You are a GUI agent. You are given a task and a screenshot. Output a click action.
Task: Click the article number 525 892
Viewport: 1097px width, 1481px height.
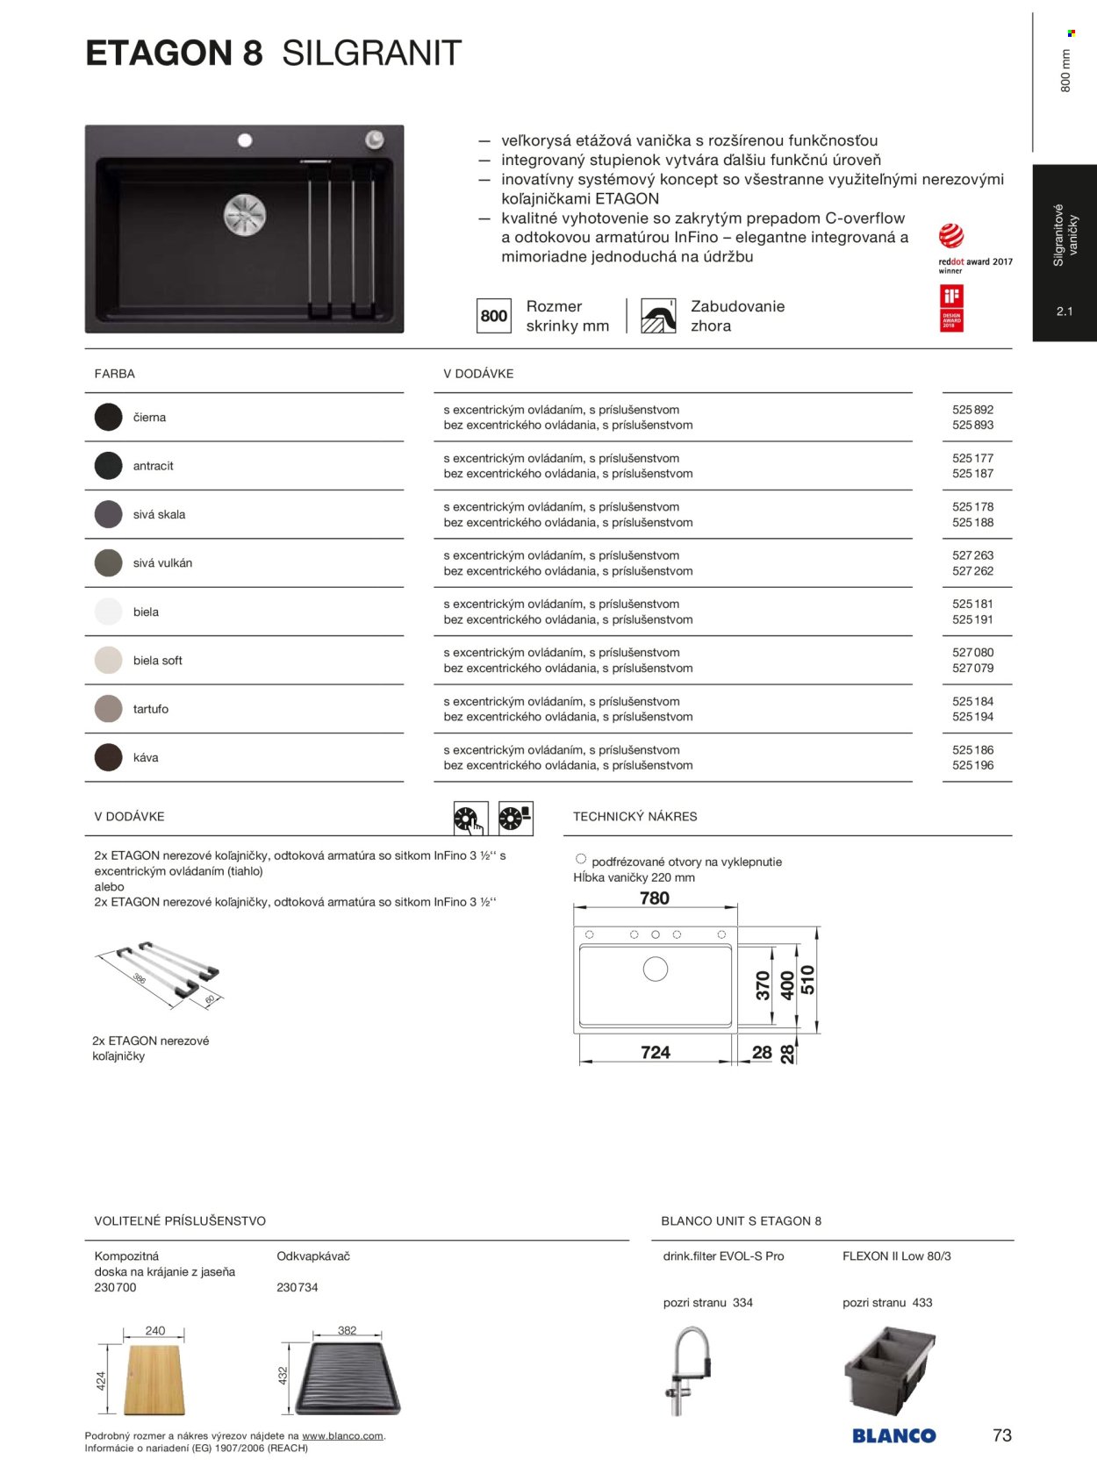pyautogui.click(x=972, y=410)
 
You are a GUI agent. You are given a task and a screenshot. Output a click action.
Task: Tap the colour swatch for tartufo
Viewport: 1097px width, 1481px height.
pyautogui.click(x=109, y=709)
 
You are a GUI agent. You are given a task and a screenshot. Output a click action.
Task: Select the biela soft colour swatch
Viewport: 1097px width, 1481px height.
pyautogui.click(x=109, y=660)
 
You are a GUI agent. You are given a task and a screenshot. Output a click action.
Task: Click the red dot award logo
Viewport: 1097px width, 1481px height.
pyautogui.click(x=951, y=236)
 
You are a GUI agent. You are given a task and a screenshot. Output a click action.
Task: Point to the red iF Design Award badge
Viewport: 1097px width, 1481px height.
pyautogui.click(x=951, y=308)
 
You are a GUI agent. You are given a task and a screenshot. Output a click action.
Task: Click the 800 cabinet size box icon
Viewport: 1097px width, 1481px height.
pyautogui.click(x=494, y=316)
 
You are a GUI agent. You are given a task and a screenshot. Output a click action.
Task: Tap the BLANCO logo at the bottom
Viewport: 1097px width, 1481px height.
pyautogui.click(x=893, y=1435)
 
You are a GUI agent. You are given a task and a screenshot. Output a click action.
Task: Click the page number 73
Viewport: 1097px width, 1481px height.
pyautogui.click(x=1001, y=1435)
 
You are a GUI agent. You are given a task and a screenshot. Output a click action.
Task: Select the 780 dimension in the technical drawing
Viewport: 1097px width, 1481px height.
pyautogui.click(x=655, y=898)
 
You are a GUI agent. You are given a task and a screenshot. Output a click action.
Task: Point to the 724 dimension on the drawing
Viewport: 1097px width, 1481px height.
pyautogui.click(x=655, y=1052)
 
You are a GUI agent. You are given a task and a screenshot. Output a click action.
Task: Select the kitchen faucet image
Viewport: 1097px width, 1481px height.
pyautogui.click(x=688, y=1370)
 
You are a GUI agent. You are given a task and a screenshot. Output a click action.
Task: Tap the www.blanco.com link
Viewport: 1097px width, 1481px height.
pyautogui.click(x=342, y=1436)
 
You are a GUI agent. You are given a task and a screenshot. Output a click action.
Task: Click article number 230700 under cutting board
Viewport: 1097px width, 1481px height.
pyautogui.click(x=115, y=1287)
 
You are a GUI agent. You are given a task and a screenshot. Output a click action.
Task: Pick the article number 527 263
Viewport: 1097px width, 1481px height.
pyautogui.click(x=972, y=555)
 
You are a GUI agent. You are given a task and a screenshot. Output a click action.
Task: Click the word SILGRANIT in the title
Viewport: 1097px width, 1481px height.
pyautogui.click(x=371, y=54)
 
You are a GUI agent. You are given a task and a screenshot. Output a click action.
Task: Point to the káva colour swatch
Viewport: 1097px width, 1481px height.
pyautogui.click(x=109, y=757)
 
